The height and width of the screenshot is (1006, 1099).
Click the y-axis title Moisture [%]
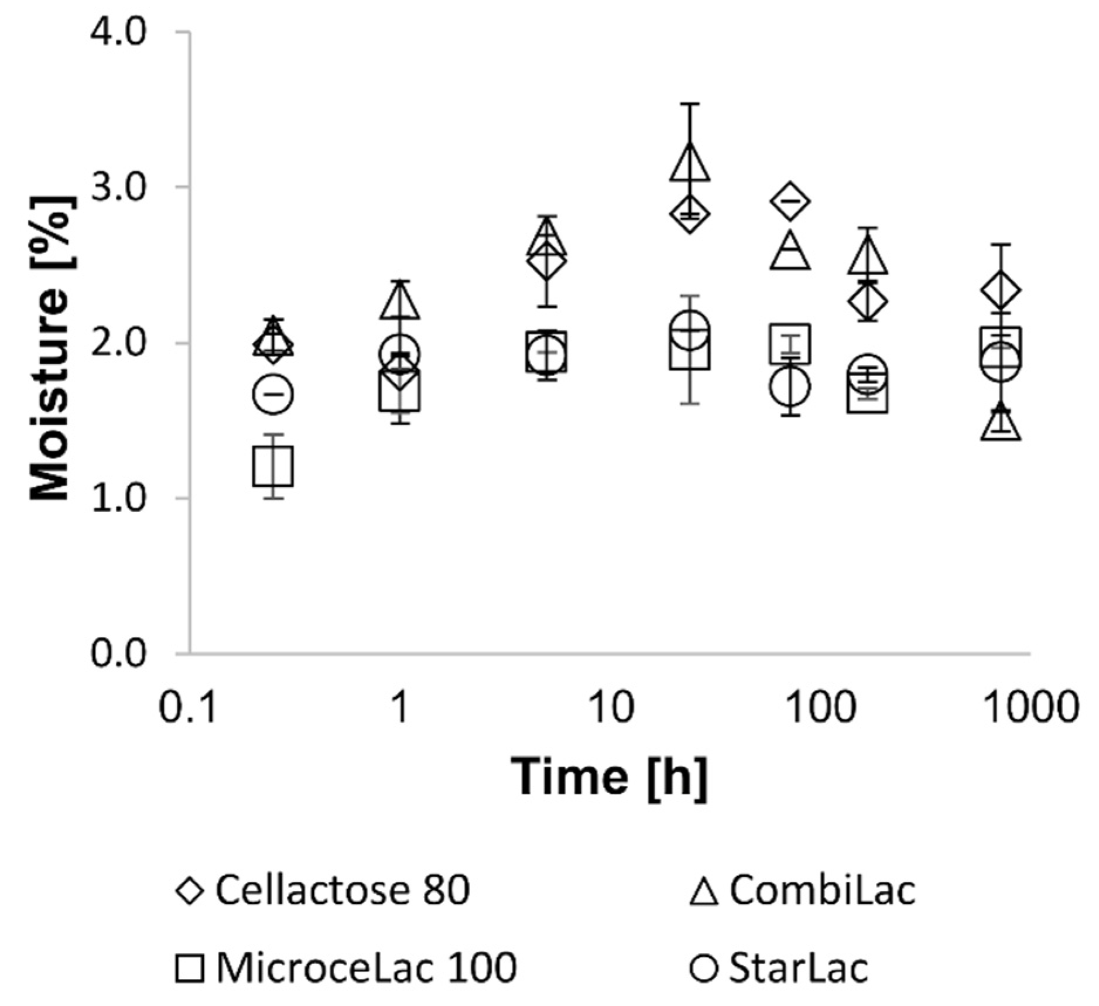(52, 348)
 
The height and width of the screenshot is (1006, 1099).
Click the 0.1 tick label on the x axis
(189, 708)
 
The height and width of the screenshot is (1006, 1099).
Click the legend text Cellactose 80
(343, 891)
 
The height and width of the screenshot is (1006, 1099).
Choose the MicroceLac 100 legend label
(367, 967)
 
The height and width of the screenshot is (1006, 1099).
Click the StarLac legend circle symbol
(703, 968)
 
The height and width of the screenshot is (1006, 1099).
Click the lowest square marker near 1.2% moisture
(273, 467)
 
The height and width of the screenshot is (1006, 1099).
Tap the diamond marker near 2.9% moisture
(790, 201)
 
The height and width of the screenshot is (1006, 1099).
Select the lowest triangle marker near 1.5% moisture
(1001, 424)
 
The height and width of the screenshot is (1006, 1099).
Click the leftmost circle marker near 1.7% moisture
(273, 395)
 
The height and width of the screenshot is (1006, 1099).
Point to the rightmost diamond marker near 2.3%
(1001, 290)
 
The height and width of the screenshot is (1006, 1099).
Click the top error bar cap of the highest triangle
(690, 104)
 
